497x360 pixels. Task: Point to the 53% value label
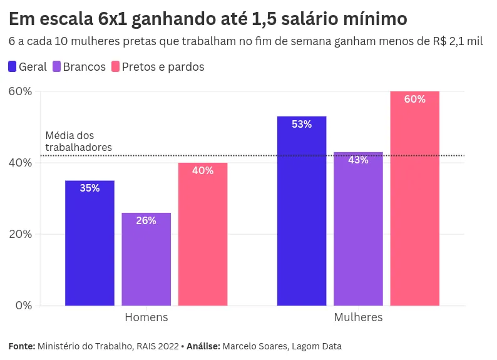point(301,125)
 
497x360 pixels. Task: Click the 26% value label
point(146,220)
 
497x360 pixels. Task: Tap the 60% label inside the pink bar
point(414,99)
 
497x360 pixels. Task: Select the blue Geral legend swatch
point(13,66)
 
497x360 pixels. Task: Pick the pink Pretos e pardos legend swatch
point(115,66)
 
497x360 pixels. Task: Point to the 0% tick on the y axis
point(24,306)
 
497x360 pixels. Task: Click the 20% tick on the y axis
point(20,234)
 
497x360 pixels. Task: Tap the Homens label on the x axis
point(146,317)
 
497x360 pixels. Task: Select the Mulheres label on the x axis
point(358,317)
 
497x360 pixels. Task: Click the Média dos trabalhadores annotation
point(78,141)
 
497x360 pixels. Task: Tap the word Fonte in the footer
point(22,346)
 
